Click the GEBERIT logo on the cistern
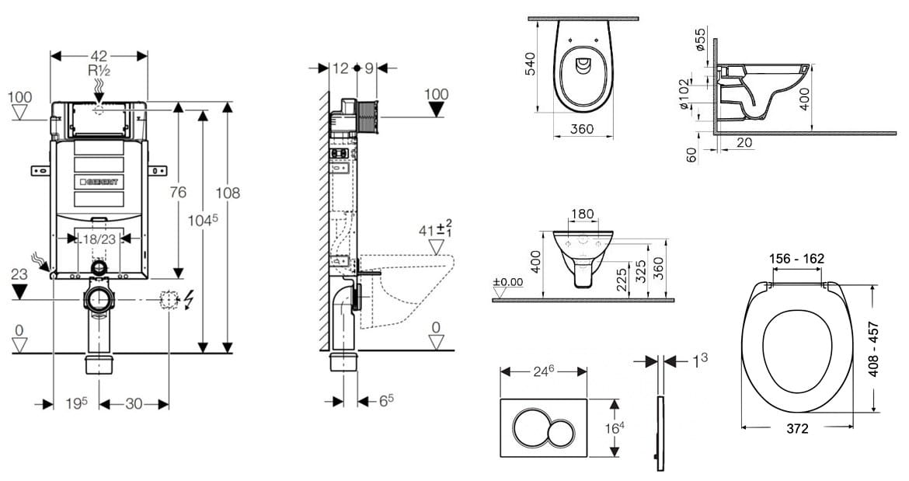coord(99,182)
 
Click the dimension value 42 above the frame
coord(99,56)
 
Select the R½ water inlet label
coord(99,71)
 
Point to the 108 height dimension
coord(228,193)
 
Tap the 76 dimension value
coord(179,192)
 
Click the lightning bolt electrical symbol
coord(189,299)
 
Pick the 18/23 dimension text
coord(99,239)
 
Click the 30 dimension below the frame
coord(134,404)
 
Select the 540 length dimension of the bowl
coord(530,63)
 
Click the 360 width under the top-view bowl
coord(581,129)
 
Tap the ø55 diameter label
coord(700,39)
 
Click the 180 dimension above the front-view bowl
coord(582,214)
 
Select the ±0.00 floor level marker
coord(508,283)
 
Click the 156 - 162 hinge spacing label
coord(797,259)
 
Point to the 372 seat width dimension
coord(797,429)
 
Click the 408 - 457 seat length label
coord(873,350)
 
